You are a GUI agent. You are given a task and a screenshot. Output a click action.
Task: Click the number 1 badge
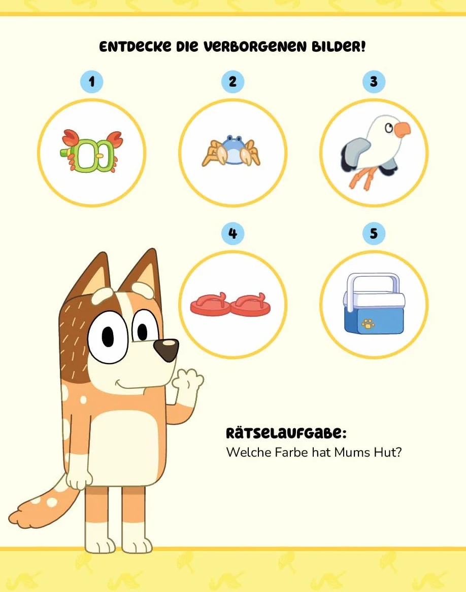point(91,82)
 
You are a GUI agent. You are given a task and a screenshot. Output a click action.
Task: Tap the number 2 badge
point(232,82)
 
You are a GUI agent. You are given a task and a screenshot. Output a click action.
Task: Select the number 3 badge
point(374,82)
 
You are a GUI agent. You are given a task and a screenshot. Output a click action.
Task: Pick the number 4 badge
point(232,233)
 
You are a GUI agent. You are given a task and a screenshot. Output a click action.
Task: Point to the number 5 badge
point(374,233)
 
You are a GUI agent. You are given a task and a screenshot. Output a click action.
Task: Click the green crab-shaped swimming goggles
point(91,152)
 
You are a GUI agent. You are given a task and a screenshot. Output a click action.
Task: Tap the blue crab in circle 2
point(231,151)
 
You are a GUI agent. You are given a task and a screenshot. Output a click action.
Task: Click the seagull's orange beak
point(402,130)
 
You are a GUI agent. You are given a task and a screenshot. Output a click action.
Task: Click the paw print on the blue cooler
point(368,323)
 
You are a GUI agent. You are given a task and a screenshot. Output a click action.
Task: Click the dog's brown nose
point(167,349)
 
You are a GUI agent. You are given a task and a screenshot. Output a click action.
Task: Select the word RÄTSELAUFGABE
point(286,433)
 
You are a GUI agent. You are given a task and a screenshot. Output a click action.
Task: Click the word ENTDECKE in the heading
point(135,47)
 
